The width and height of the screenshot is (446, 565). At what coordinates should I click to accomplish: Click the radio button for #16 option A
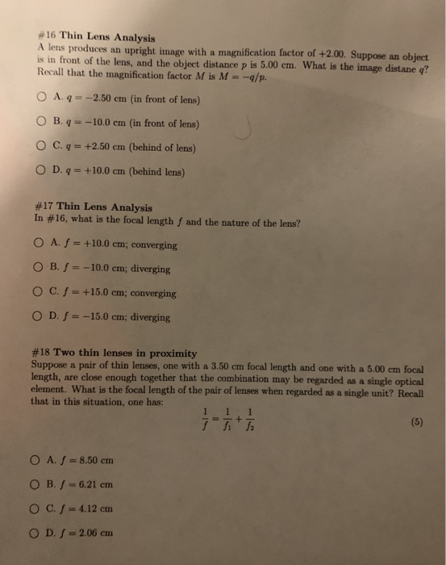tap(42, 100)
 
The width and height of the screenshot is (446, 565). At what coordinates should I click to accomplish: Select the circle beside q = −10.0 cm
tap(41, 123)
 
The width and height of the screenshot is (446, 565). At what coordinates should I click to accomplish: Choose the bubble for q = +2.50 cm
tap(41, 147)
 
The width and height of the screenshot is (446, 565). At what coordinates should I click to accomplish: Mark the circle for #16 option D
tap(40, 171)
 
